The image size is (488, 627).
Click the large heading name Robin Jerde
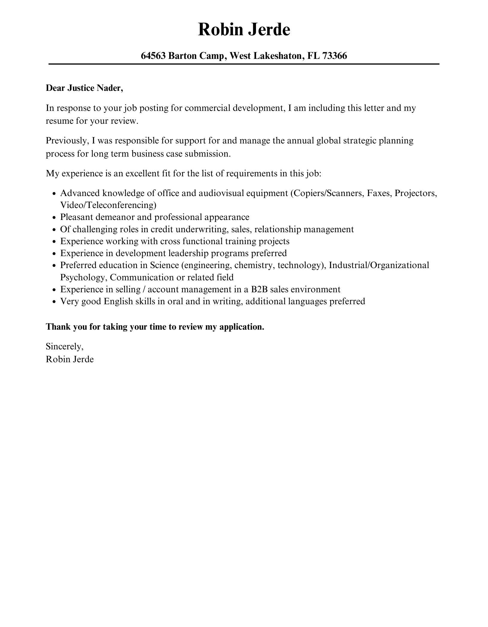point(244,30)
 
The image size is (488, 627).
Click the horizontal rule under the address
point(244,64)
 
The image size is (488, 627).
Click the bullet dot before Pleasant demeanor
point(54,218)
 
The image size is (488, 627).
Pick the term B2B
point(259,290)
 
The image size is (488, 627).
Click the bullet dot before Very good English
point(54,302)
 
